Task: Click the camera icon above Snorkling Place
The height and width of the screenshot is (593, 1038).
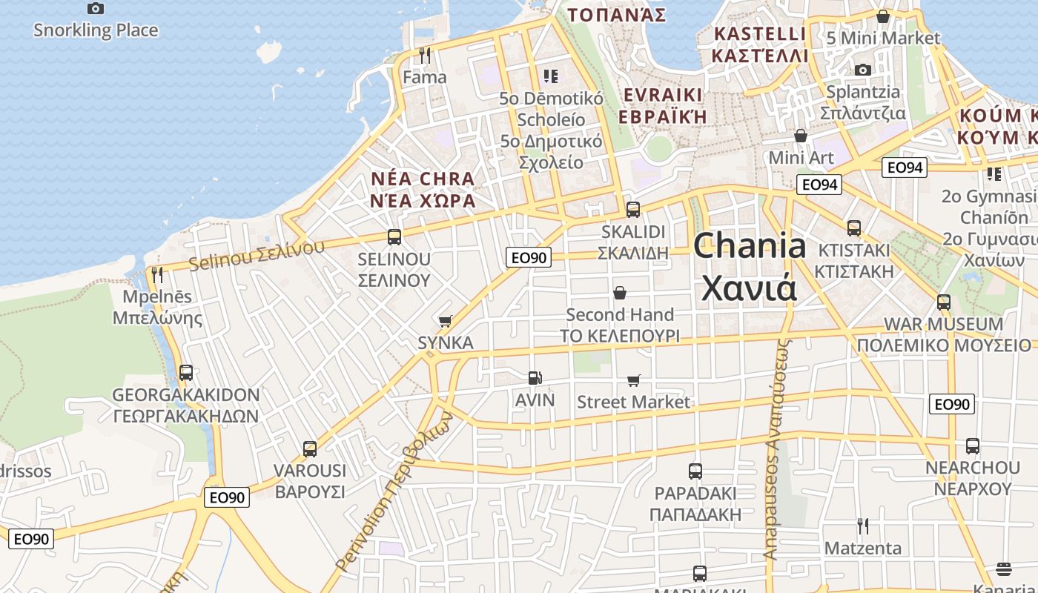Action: tap(96, 9)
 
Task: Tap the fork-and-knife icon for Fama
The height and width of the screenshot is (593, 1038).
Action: tap(425, 56)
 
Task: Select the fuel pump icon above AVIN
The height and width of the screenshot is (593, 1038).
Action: tap(535, 378)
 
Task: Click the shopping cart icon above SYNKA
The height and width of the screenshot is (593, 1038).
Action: tap(446, 321)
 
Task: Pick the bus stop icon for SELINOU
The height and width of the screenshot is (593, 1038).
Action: tap(394, 237)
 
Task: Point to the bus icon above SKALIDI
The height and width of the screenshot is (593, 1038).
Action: tap(633, 210)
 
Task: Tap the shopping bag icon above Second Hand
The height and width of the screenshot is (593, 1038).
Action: tap(620, 293)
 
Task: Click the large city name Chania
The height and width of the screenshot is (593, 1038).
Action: tap(750, 245)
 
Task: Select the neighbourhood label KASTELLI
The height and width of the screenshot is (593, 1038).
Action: tap(759, 34)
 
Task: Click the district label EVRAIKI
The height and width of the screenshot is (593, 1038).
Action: tap(663, 95)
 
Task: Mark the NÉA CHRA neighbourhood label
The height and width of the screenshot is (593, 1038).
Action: tap(423, 179)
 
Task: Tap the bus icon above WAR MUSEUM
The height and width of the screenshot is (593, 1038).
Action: tap(944, 302)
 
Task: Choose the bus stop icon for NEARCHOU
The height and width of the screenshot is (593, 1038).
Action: tap(973, 446)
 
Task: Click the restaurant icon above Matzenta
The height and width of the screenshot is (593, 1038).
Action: tap(863, 526)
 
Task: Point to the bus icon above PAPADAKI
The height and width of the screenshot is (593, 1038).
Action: tap(695, 471)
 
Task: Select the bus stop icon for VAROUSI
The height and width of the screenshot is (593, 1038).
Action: tap(310, 449)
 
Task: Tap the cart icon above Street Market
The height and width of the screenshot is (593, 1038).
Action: tap(634, 380)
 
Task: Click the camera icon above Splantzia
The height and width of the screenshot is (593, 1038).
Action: tap(863, 70)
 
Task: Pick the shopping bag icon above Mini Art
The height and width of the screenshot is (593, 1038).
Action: tap(801, 136)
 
